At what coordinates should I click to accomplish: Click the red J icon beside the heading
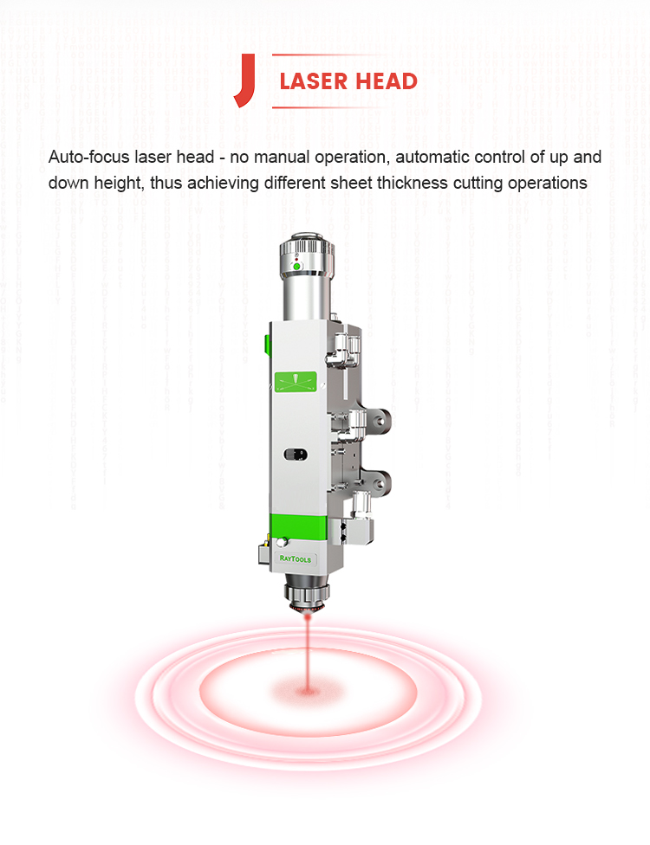246,80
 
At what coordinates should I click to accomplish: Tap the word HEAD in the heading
387,81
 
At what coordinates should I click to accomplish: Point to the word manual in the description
282,157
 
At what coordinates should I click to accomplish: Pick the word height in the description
120,184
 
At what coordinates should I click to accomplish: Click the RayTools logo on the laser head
295,558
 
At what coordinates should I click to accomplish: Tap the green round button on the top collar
296,266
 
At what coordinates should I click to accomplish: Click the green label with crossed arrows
296,382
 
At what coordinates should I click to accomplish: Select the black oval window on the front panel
296,455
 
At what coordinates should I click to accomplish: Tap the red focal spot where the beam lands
308,689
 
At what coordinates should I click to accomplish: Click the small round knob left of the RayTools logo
281,542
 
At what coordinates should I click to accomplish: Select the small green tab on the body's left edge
267,345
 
